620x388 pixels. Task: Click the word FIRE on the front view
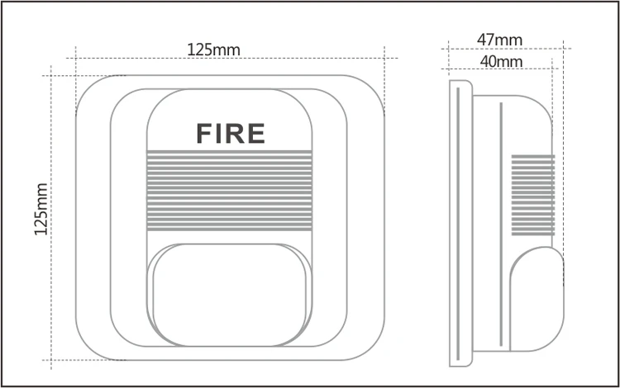tap(230, 133)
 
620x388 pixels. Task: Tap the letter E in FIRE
tap(255, 133)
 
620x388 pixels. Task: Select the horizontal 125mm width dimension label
tap(213, 50)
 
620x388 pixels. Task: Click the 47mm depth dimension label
tap(499, 39)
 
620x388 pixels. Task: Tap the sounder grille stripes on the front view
tap(230, 191)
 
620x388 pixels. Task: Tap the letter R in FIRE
tap(237, 133)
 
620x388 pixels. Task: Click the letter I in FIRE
tap(221, 133)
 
